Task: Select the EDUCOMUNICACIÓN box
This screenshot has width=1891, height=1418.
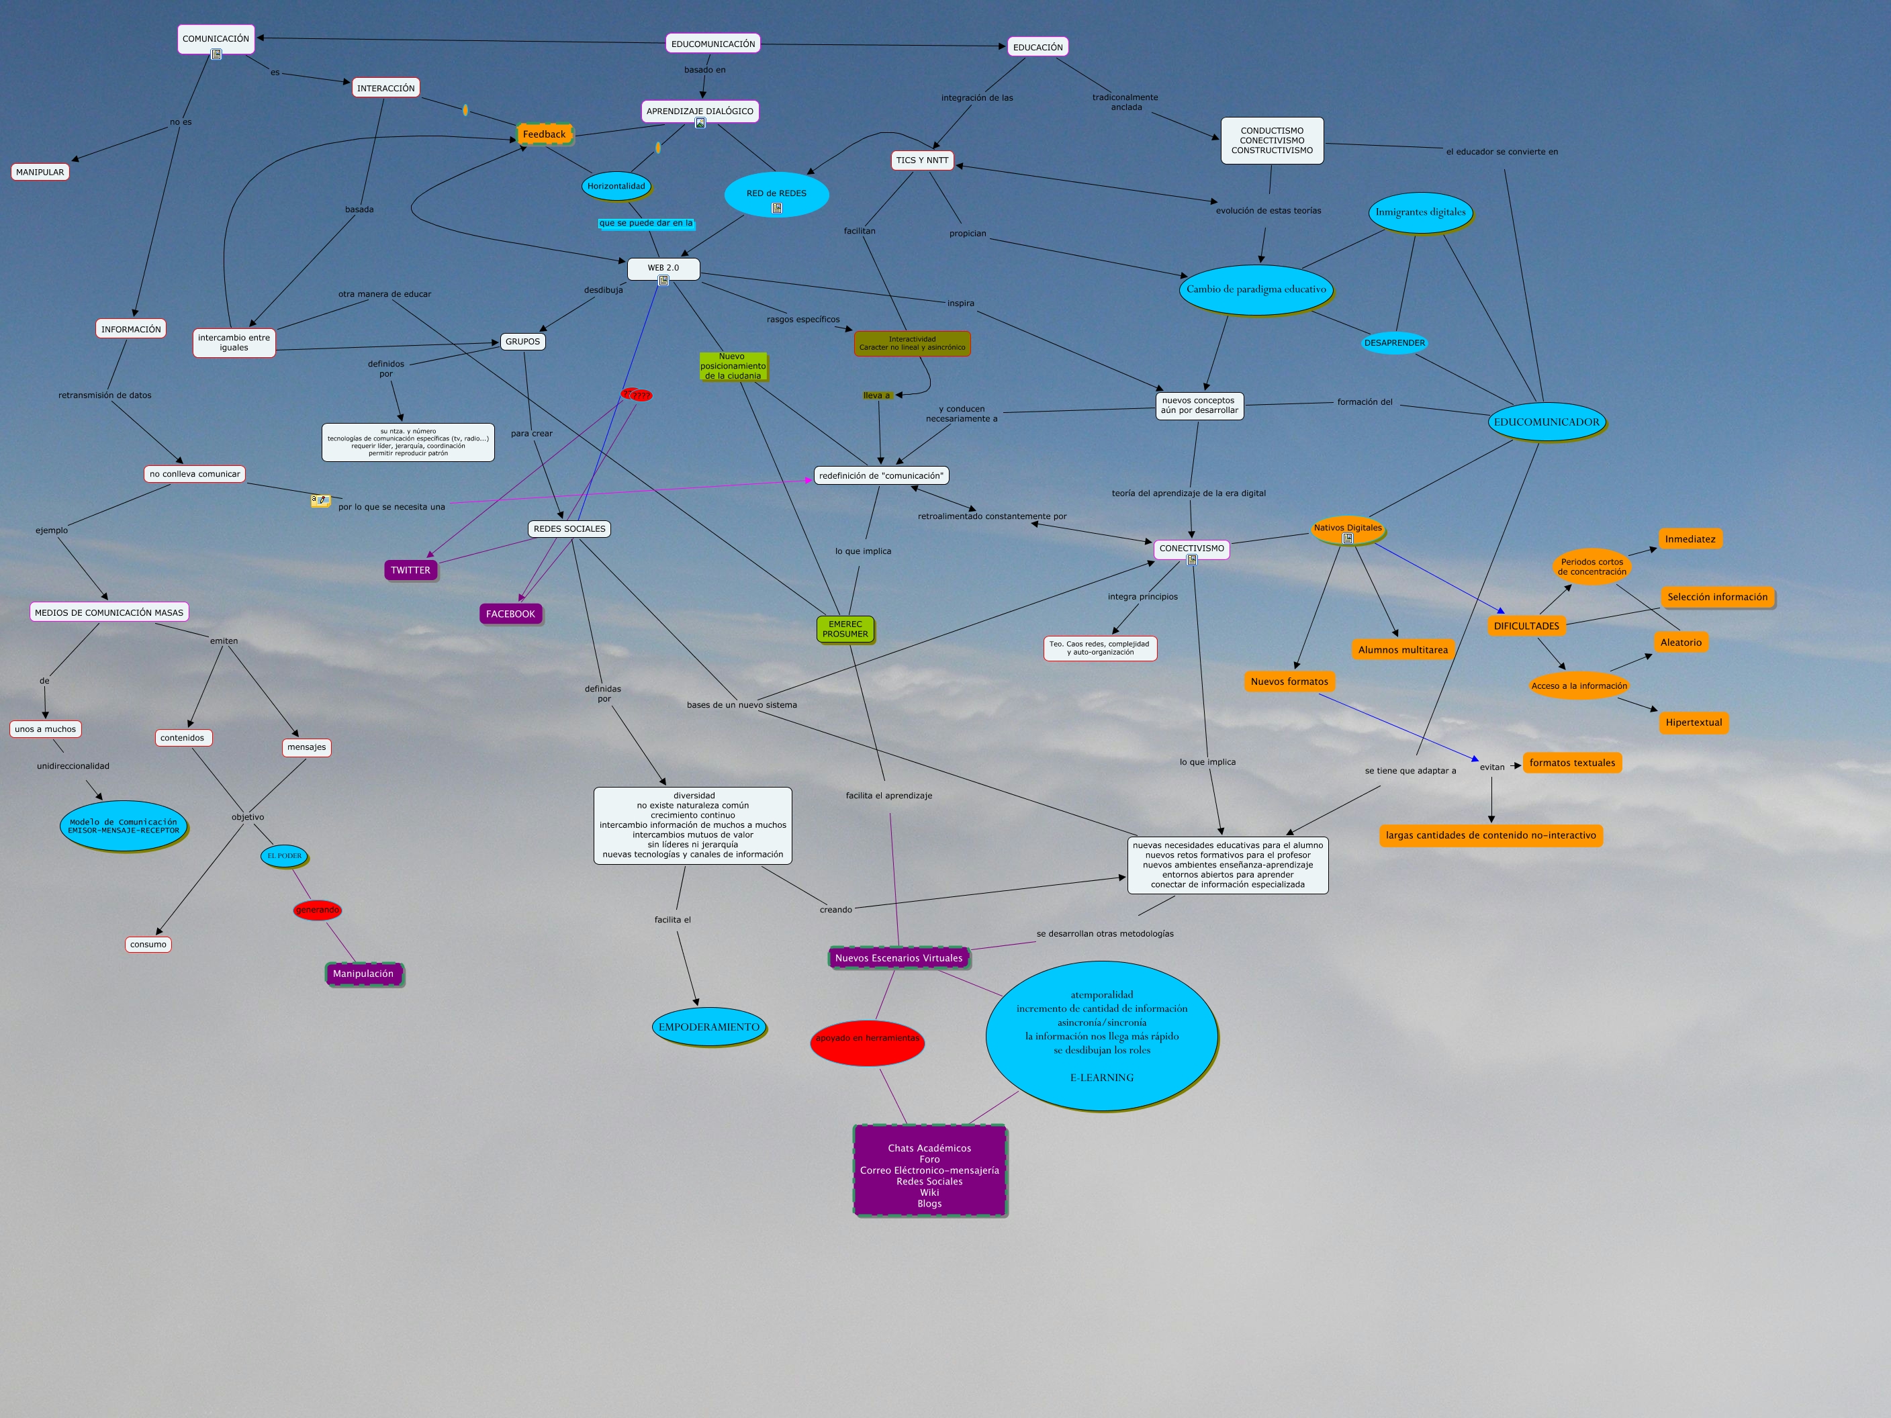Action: (x=713, y=44)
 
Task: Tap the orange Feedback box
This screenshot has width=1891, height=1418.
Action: (x=544, y=134)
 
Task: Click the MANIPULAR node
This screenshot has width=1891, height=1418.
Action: (x=40, y=172)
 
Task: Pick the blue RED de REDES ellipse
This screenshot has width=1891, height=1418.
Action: (x=776, y=195)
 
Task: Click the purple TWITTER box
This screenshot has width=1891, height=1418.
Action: (x=410, y=570)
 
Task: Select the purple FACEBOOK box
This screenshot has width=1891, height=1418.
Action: (x=510, y=614)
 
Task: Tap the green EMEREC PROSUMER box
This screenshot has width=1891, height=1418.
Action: (x=845, y=629)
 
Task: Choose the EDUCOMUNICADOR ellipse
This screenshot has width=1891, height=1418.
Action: (x=1546, y=422)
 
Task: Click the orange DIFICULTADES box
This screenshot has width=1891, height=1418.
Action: (x=1526, y=626)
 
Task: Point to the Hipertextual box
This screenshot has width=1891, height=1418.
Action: (x=1693, y=722)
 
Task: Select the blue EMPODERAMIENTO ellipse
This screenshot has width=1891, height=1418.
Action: (x=708, y=1027)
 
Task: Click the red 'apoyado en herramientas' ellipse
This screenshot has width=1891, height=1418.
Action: (x=867, y=1039)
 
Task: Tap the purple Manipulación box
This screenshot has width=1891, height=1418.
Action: (x=363, y=974)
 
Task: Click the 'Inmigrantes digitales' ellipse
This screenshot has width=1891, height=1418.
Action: (x=1420, y=212)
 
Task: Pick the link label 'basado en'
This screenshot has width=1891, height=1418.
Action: (x=704, y=70)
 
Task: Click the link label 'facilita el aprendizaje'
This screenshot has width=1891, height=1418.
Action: (x=888, y=796)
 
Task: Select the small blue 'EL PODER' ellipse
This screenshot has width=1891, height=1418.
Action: (x=284, y=855)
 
